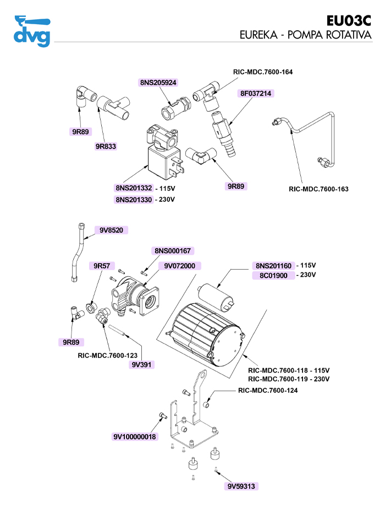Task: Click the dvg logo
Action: point(32,31)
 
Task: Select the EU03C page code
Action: point(349,21)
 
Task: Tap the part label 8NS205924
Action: point(158,82)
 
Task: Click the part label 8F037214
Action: point(256,94)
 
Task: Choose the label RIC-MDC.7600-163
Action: point(318,189)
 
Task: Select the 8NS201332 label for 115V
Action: point(134,188)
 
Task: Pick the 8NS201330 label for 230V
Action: point(134,199)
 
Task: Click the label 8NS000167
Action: point(172,251)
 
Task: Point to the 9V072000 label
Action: point(179,266)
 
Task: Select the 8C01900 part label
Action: point(274,276)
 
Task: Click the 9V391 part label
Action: point(142,364)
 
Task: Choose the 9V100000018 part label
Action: point(135,437)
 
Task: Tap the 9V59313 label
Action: point(241,486)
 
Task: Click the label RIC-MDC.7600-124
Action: point(268,391)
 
